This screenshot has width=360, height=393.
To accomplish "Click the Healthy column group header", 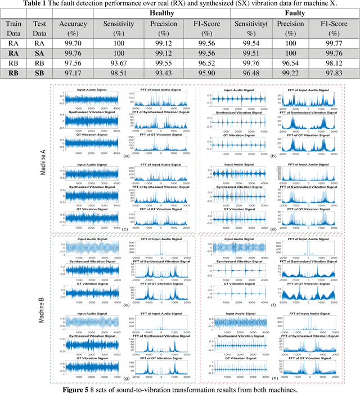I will tap(161, 13).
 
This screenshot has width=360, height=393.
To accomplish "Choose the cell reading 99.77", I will tap(336, 42).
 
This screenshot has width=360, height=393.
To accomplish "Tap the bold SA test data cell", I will tap(39, 52).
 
